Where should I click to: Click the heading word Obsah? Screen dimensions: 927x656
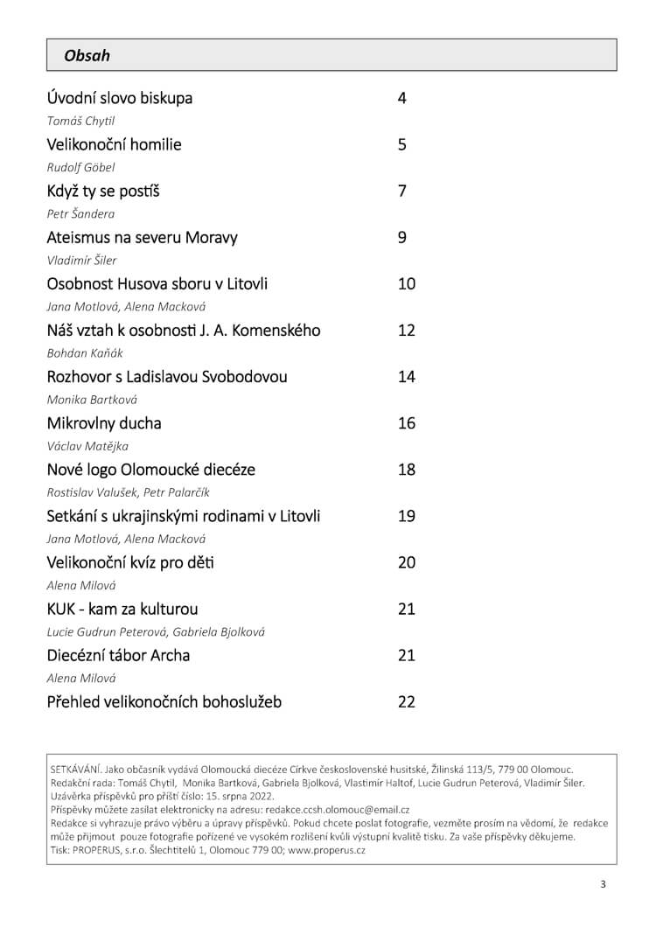87,55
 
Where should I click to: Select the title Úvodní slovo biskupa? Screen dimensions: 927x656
119,98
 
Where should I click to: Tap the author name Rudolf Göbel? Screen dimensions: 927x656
80,167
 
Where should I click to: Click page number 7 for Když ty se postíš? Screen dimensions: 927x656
402,191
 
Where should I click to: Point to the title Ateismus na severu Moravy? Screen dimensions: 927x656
142,237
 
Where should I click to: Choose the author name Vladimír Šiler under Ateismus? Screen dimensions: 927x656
81,260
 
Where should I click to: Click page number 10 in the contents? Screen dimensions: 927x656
407,283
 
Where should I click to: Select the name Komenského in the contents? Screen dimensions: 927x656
270,331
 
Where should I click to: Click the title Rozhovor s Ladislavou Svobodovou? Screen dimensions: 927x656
166,377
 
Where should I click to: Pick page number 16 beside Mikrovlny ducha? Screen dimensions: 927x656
407,423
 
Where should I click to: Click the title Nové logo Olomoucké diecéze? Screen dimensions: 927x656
150,470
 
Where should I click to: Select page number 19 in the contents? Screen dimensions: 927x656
407,516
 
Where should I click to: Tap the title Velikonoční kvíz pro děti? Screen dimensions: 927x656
130,562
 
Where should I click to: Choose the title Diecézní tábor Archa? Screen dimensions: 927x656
118,655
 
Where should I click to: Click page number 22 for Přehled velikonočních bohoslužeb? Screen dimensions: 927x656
407,701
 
